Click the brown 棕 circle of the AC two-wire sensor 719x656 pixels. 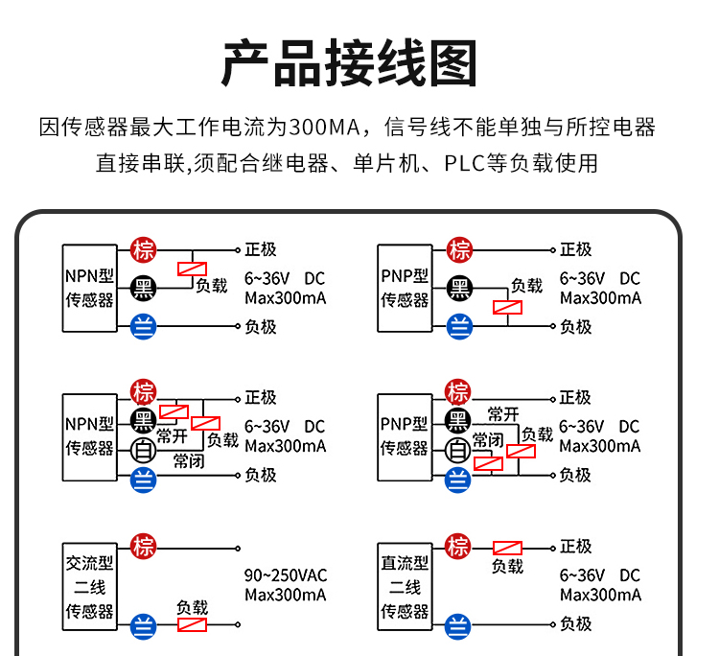coord(144,548)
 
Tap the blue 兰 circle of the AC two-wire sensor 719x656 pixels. coord(144,624)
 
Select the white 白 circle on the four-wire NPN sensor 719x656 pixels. coord(144,448)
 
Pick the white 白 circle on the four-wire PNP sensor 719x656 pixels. coord(458,447)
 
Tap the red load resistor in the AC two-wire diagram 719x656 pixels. coord(193,624)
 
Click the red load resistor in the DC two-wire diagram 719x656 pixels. coord(507,548)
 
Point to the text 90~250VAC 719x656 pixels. coord(285,575)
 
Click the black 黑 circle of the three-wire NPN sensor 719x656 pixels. coord(144,287)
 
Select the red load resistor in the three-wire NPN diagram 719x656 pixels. coord(193,269)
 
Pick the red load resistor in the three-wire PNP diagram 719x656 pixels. coord(507,307)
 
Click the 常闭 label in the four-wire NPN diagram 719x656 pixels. coord(188,461)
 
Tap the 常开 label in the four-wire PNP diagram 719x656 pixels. coord(503,414)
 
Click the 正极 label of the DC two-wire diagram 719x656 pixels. coord(575,547)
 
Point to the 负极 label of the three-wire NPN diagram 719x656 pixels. coord(261,327)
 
